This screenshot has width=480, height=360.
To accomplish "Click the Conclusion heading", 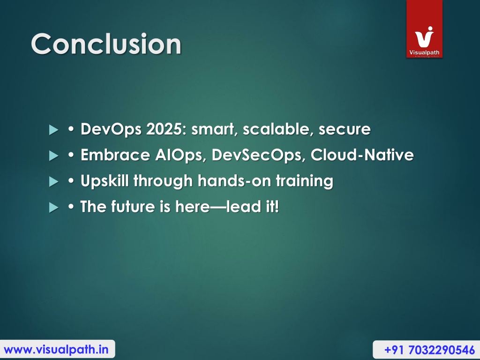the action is click(106, 44).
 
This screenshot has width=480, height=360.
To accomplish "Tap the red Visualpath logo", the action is click(424, 29).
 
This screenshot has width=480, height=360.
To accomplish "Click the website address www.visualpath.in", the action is click(56, 349).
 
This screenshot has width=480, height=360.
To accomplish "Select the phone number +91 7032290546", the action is click(429, 350).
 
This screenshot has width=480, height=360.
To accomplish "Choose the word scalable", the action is click(278, 129).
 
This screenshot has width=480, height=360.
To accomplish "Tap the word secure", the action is click(345, 129).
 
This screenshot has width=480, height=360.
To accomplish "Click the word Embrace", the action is click(115, 155).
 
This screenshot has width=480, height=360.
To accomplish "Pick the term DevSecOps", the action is click(259, 155).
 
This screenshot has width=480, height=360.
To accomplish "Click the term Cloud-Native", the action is click(362, 155).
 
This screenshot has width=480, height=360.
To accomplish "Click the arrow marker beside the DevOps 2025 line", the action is click(53, 130).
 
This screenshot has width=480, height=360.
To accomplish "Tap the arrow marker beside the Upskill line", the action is click(53, 181).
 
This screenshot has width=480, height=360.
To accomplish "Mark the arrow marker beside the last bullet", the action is click(53, 208).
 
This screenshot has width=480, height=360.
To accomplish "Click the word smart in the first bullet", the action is click(213, 129).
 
